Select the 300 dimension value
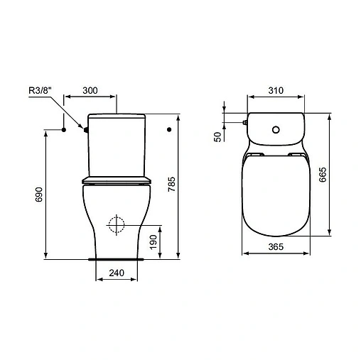tap(89, 92)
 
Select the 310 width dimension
tap(276, 91)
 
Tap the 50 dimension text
tap(218, 136)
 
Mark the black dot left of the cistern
tap(64, 130)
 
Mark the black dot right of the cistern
tap(168, 130)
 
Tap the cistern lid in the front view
tap(117, 115)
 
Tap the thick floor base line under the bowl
tap(118, 259)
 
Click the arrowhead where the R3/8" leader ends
tap(83, 129)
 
